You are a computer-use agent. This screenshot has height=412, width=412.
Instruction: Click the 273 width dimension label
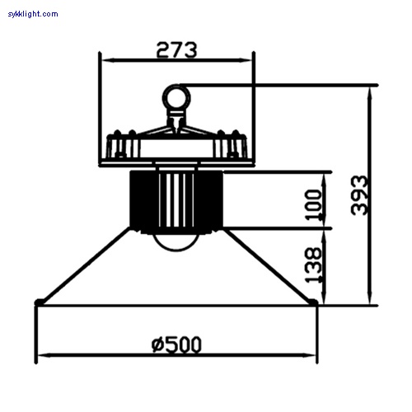tap(176, 49)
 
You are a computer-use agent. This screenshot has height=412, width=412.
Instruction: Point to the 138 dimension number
tap(314, 265)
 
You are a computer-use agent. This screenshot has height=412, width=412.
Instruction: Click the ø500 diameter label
tap(176, 344)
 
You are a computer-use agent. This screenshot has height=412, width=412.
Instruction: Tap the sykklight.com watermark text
tap(33, 14)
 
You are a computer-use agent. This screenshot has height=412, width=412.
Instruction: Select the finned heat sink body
tap(176, 198)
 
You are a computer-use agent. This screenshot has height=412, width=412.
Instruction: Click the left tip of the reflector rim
tap(37, 303)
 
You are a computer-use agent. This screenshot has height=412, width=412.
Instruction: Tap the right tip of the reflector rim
tap(316, 303)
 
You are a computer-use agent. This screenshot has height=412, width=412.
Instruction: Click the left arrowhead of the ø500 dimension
tap(40, 356)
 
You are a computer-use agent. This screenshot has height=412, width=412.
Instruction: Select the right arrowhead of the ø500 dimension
tap(313, 356)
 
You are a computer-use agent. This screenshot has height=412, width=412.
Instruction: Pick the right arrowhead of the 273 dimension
tap(250, 59)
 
